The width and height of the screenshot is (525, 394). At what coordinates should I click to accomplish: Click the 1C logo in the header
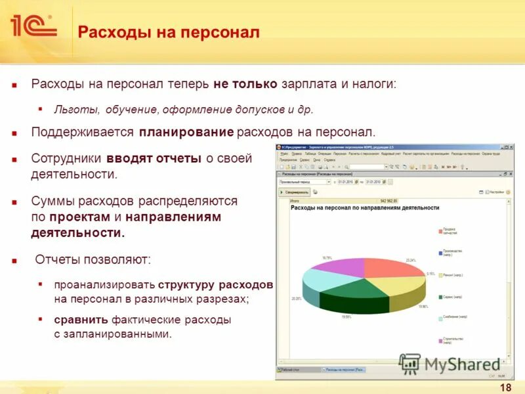coord(33,26)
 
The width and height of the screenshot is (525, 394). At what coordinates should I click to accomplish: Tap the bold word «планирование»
coord(186,133)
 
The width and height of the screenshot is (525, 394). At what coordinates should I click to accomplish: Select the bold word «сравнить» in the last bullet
coord(81,320)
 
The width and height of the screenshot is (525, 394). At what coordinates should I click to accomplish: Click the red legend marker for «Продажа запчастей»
coord(440,231)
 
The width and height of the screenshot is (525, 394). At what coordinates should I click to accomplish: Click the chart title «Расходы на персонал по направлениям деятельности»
coord(365,208)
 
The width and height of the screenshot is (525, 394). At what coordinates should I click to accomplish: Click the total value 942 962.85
coord(388,201)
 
